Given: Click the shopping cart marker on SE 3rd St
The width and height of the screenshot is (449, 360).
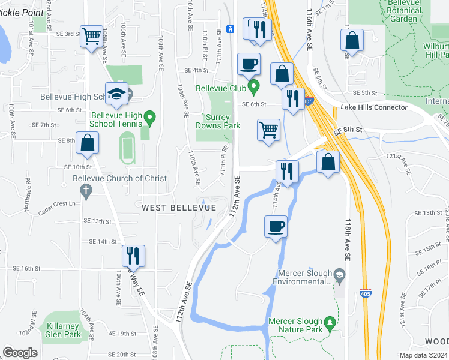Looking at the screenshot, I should (x=91, y=36).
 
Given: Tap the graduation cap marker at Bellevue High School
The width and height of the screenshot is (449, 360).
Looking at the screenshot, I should (x=116, y=94).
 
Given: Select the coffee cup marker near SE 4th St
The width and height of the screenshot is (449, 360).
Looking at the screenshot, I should (x=248, y=64).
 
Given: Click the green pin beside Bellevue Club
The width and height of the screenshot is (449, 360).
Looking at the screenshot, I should (x=254, y=88).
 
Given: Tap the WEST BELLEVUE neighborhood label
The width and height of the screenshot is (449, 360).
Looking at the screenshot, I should (x=179, y=207).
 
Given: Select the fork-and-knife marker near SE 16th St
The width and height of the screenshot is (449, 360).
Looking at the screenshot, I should (x=133, y=256).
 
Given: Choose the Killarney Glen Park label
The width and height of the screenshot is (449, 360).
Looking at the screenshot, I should (x=62, y=330).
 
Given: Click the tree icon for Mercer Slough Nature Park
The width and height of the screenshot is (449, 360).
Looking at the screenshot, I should (x=329, y=324).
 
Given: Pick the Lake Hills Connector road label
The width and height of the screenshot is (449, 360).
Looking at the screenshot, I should (x=374, y=107).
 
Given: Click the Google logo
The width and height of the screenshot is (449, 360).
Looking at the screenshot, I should (x=20, y=352).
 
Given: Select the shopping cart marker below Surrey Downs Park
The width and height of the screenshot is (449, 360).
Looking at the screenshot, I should (x=268, y=130).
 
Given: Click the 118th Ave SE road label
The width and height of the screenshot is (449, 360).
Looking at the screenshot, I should (x=347, y=238).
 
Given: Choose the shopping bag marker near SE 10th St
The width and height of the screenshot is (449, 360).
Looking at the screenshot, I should (x=87, y=143).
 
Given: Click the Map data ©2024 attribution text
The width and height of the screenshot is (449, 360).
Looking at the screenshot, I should (x=423, y=355).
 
